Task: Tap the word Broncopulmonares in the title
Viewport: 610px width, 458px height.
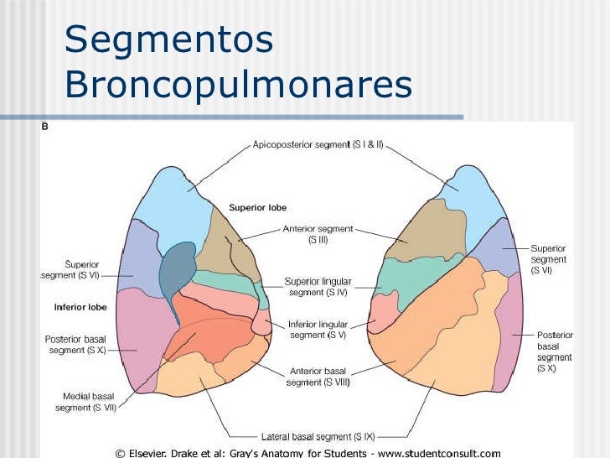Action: [x=238, y=85]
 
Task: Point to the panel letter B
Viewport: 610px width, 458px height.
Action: [x=44, y=128]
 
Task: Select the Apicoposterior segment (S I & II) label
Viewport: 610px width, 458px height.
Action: [x=318, y=144]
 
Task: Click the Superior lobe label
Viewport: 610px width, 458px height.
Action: [x=258, y=207]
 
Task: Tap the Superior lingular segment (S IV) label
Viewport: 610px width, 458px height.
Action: [x=318, y=286]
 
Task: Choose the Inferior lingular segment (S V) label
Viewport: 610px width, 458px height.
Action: [x=318, y=329]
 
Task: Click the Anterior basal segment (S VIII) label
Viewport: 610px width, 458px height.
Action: [x=318, y=376]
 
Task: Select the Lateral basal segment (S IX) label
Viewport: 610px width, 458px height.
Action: [x=318, y=436]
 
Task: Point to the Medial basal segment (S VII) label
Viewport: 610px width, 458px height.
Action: [x=85, y=402]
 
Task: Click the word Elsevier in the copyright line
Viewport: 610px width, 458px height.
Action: [x=152, y=452]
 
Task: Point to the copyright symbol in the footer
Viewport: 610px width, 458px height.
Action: [x=120, y=452]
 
